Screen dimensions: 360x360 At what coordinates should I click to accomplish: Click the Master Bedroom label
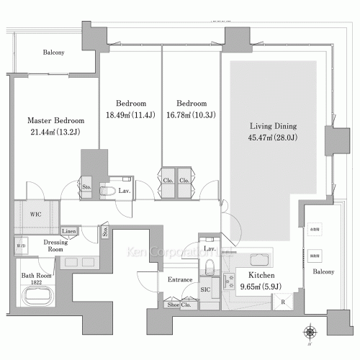point(56,120)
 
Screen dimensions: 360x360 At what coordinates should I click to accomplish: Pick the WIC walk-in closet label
point(35,214)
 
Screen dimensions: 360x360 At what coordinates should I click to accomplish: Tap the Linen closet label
point(69,230)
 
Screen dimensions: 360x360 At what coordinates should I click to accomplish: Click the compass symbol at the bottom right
point(310,332)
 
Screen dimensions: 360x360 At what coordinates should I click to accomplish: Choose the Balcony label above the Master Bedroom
point(54,53)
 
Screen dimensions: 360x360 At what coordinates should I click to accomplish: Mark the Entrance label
point(179,279)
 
